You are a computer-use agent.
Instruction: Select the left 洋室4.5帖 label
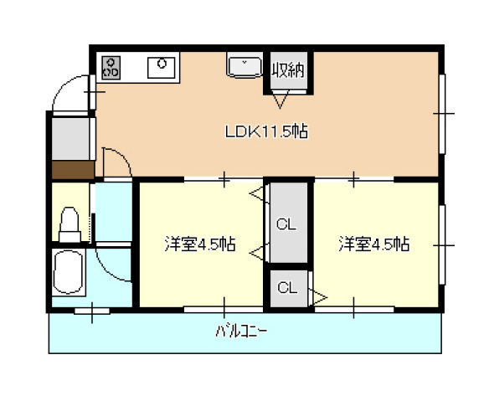click(199, 244)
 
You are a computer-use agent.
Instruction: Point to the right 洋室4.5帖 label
click(373, 244)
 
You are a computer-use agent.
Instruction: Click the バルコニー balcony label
click(242, 332)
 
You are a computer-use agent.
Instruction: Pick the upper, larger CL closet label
click(286, 224)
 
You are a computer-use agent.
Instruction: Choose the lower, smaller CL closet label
click(286, 288)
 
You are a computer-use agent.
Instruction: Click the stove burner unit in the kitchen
click(111, 67)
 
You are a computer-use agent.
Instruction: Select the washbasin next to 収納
click(244, 65)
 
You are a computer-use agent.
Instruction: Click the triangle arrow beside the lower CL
click(318, 295)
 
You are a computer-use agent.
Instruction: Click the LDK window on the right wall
click(442, 112)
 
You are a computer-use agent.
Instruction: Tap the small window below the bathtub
click(91, 311)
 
